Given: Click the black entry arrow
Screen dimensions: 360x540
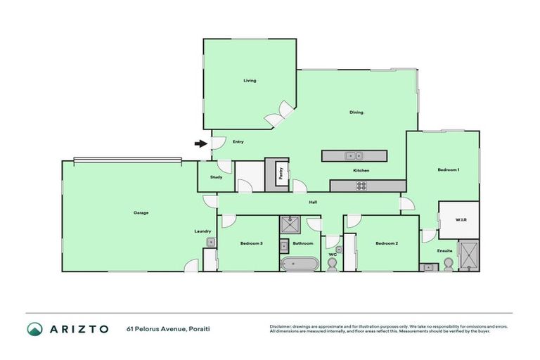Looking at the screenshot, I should click(201, 144).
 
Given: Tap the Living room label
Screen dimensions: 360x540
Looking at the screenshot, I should click(250, 81).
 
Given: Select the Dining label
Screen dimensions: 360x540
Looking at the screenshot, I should click(356, 112).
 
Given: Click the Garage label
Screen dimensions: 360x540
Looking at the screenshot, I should click(141, 212).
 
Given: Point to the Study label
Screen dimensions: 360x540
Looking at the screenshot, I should click(216, 176).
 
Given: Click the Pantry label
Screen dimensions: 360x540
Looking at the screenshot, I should click(281, 174).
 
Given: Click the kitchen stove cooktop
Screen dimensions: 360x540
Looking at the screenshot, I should click(361, 186).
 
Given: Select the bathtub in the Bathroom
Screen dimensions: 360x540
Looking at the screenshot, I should click(299, 264).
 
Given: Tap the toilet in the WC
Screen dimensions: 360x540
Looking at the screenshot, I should click(332, 263).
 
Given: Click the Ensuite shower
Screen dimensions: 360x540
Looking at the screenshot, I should click(468, 255).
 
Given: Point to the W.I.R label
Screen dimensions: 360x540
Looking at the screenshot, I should click(461, 220).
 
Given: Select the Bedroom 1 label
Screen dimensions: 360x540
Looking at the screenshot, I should click(448, 170).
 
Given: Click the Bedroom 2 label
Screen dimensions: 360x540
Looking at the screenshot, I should click(387, 243).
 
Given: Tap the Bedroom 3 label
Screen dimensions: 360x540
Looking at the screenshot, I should click(251, 243).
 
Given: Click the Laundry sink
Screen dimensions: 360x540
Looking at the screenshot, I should click(210, 243).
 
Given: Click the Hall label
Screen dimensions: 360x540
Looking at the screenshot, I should click(313, 202).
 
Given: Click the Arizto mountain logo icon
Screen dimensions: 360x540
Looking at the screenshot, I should click(34, 329).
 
